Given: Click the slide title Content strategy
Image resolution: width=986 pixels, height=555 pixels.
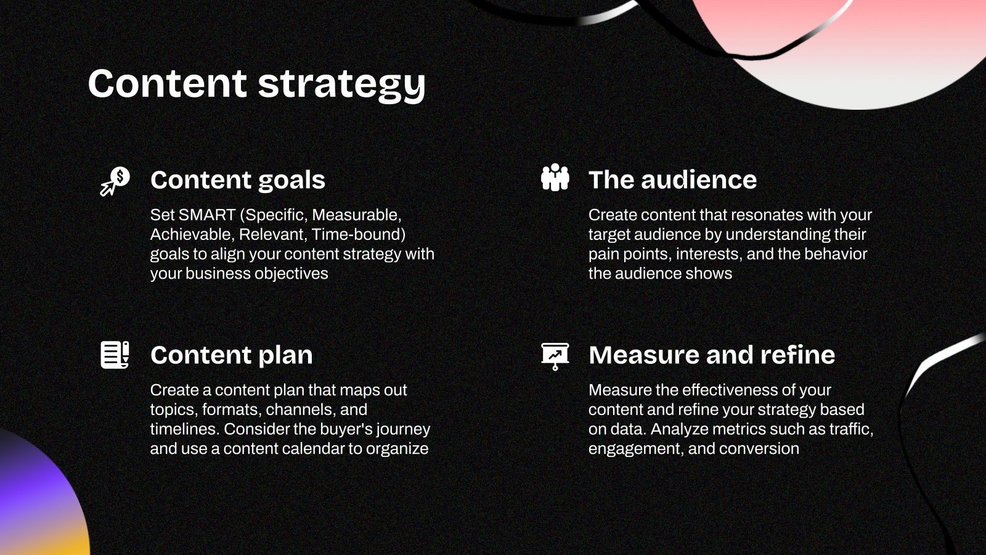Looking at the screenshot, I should [x=256, y=84].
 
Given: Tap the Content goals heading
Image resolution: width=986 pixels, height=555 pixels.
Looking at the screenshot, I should [x=237, y=180].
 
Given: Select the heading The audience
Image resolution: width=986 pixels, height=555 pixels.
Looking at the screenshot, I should [x=672, y=180].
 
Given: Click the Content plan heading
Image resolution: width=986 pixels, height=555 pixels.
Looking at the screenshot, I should [x=231, y=355].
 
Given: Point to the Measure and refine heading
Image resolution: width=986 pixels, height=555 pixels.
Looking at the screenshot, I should [x=712, y=355].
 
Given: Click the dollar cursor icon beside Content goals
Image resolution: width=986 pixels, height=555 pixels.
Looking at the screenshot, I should [x=115, y=181].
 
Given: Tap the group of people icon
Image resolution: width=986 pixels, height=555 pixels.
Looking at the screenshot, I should [x=555, y=178].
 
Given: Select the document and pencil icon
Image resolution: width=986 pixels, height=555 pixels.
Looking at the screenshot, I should [x=115, y=355].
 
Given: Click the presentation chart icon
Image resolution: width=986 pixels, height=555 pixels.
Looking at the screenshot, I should [x=555, y=356].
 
